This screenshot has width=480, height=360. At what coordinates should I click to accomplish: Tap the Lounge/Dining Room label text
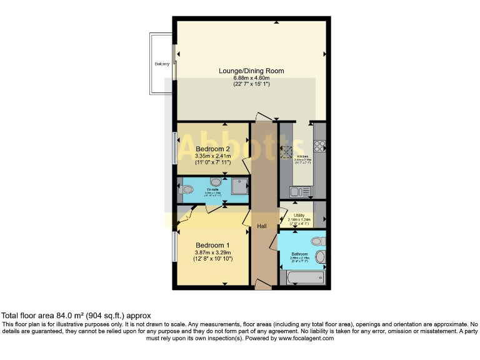point(251,71)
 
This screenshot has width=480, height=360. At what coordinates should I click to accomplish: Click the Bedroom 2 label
point(213,148)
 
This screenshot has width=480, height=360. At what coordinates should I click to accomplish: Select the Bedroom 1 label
point(212,244)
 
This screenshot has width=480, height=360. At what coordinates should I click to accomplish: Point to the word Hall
point(261,226)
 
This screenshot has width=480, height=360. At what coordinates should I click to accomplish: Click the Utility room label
point(299,215)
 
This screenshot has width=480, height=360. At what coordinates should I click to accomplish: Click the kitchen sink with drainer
point(296,190)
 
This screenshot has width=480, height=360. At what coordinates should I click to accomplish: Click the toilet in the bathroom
point(317,241)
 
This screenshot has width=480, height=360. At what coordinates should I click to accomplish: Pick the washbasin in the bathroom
point(321,256)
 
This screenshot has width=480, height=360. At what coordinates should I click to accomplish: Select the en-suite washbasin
point(207,181)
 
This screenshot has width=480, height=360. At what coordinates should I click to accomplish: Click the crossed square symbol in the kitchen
point(287,151)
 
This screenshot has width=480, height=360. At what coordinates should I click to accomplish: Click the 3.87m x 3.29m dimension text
point(212,252)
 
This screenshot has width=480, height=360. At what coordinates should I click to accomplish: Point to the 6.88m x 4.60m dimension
point(251,78)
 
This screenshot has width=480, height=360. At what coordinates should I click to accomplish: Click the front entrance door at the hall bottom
point(263,286)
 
